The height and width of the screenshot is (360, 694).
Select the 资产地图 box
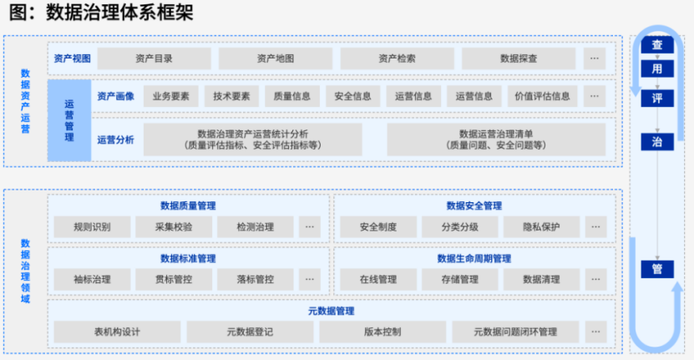point(276,58)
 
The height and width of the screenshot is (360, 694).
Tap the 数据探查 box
point(519,58)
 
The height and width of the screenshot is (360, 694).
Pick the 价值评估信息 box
point(542,96)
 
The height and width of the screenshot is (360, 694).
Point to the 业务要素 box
point(171,96)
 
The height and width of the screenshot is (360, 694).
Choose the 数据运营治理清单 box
point(496,139)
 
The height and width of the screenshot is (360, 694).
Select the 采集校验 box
point(173,226)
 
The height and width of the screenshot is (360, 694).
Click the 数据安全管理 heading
point(474,205)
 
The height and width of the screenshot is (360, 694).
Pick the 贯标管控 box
point(173,279)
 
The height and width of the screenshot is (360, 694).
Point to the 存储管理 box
point(460,279)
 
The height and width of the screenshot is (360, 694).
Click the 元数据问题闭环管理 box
point(515,332)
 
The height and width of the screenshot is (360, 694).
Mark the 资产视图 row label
point(71,58)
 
